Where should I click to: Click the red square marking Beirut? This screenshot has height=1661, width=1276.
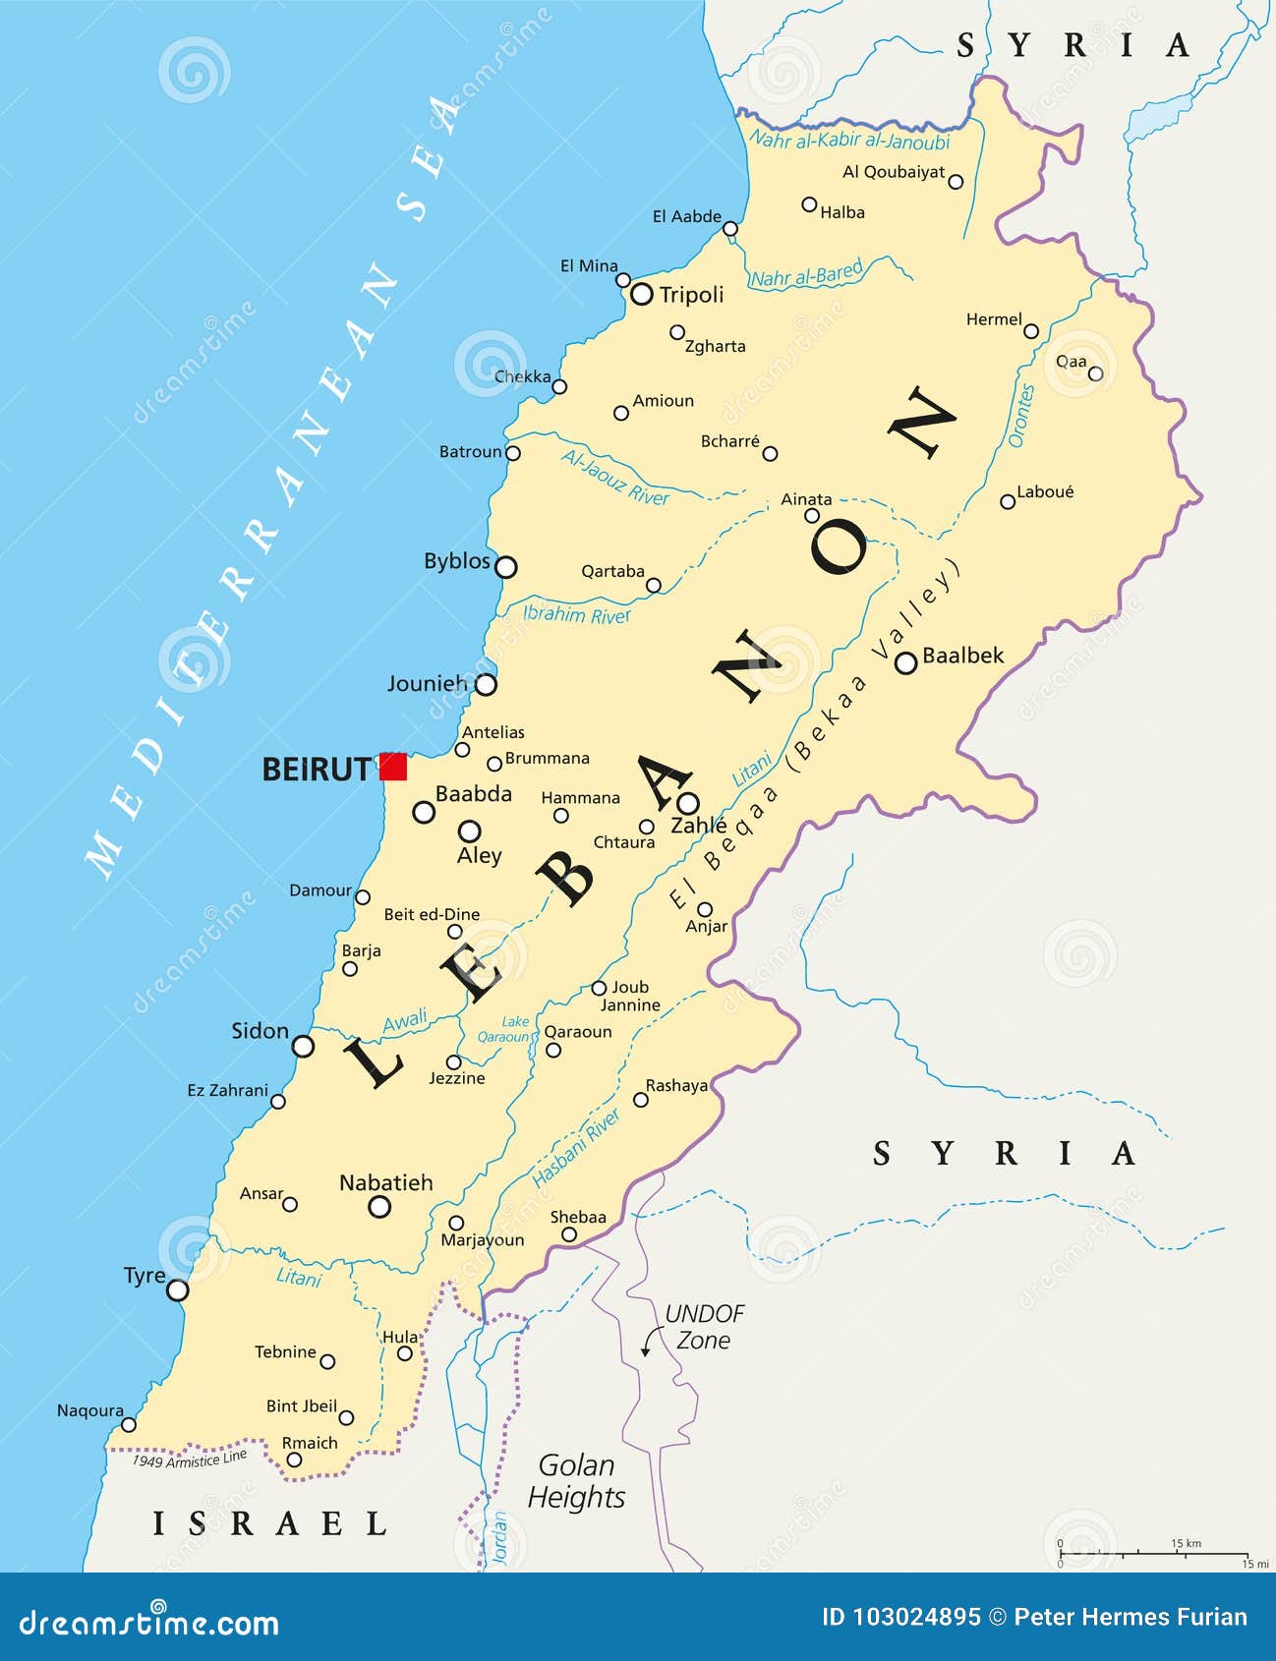click(393, 767)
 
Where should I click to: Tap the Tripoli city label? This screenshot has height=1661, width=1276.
click(691, 295)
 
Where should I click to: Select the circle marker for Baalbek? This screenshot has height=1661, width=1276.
click(905, 663)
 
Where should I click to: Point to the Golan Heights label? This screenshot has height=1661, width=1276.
click(576, 1481)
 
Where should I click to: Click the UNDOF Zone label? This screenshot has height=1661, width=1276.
click(704, 1327)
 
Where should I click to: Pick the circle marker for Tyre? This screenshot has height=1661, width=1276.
click(177, 1289)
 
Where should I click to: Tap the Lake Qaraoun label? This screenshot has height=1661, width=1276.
click(504, 1029)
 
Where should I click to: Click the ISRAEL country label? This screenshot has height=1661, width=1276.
click(269, 1523)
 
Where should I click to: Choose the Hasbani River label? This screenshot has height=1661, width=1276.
click(576, 1148)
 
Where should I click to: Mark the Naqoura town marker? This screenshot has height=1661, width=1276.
click(129, 1424)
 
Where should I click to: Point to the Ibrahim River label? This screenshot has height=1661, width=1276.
click(577, 615)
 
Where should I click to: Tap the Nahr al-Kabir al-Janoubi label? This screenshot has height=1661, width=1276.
click(849, 141)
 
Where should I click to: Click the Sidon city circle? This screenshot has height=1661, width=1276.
click(304, 1046)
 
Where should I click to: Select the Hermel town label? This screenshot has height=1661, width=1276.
click(994, 319)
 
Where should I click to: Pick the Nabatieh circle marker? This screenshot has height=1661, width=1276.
click(379, 1207)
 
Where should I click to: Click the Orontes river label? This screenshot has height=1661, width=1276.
click(1022, 416)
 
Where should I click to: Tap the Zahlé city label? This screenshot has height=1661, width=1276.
click(698, 826)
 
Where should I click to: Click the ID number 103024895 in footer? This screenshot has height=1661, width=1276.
click(900, 1617)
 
